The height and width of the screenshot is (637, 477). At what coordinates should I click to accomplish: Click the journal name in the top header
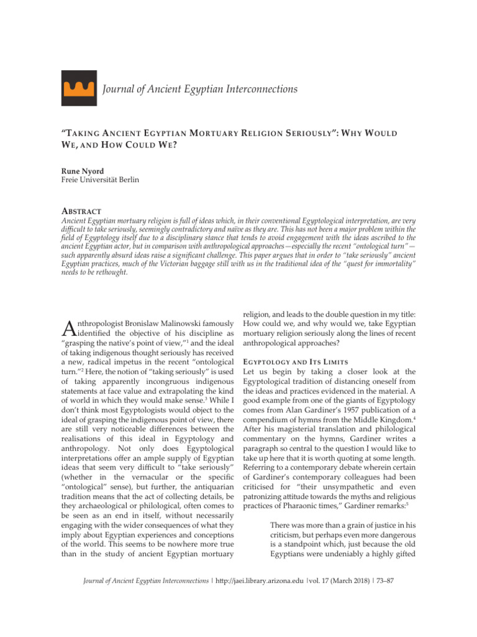[x=199, y=90]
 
